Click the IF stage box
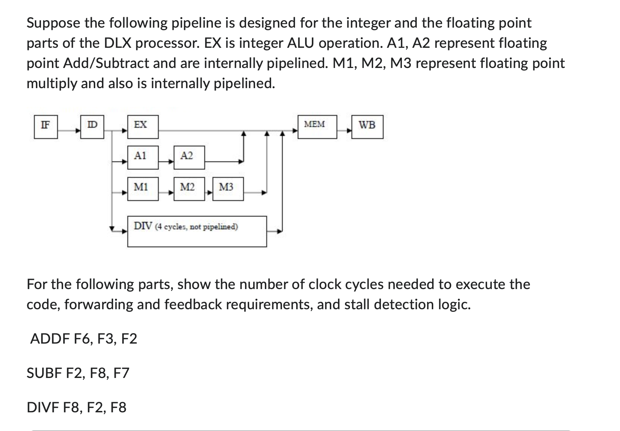[46, 127]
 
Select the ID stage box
[92, 127]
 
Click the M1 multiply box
[143, 189]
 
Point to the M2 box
[189, 189]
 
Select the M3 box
[228, 189]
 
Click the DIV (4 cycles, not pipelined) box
[197, 231]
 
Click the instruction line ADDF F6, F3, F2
[83, 339]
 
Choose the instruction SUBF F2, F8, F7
[78, 373]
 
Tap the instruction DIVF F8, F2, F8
[77, 407]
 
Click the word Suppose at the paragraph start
[53, 23]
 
